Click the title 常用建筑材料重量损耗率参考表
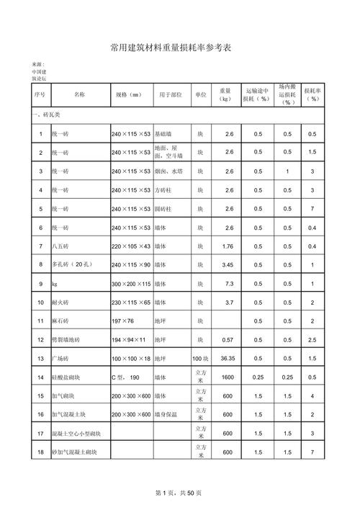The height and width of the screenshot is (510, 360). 180,48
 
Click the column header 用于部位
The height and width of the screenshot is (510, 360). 171,94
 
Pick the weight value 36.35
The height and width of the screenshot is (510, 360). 228,358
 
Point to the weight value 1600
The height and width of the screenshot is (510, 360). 228,377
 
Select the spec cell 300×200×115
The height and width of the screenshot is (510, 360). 131,284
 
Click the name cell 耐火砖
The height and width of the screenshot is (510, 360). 59,303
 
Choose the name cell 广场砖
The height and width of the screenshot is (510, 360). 59,358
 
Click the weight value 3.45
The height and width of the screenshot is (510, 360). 228,265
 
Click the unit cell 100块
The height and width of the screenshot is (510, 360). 200,358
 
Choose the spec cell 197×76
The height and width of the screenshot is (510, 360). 123,321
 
